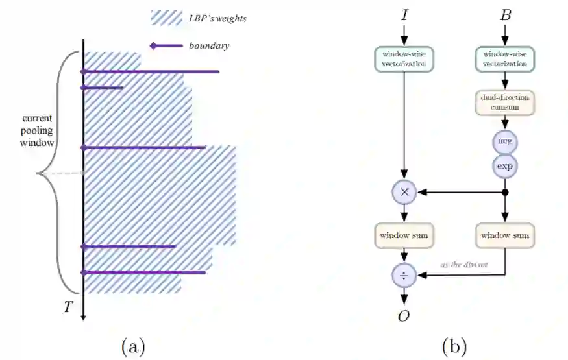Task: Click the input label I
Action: [x=405, y=14]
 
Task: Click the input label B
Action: [x=506, y=14]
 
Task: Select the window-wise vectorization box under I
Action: [x=404, y=59]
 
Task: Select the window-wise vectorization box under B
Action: [x=505, y=59]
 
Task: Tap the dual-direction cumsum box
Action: [x=505, y=102]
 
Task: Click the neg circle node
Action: [x=505, y=141]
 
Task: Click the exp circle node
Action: [x=505, y=165]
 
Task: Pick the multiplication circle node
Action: [x=404, y=193]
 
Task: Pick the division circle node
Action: [x=404, y=276]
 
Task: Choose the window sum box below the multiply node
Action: [x=404, y=235]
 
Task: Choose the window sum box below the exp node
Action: [x=505, y=235]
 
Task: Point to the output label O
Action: [x=404, y=316]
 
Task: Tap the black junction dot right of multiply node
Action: [x=505, y=193]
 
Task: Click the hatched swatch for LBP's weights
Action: [x=166, y=18]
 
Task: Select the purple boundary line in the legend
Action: [x=166, y=45]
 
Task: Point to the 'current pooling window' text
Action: [x=38, y=130]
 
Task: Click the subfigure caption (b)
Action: [x=454, y=346]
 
